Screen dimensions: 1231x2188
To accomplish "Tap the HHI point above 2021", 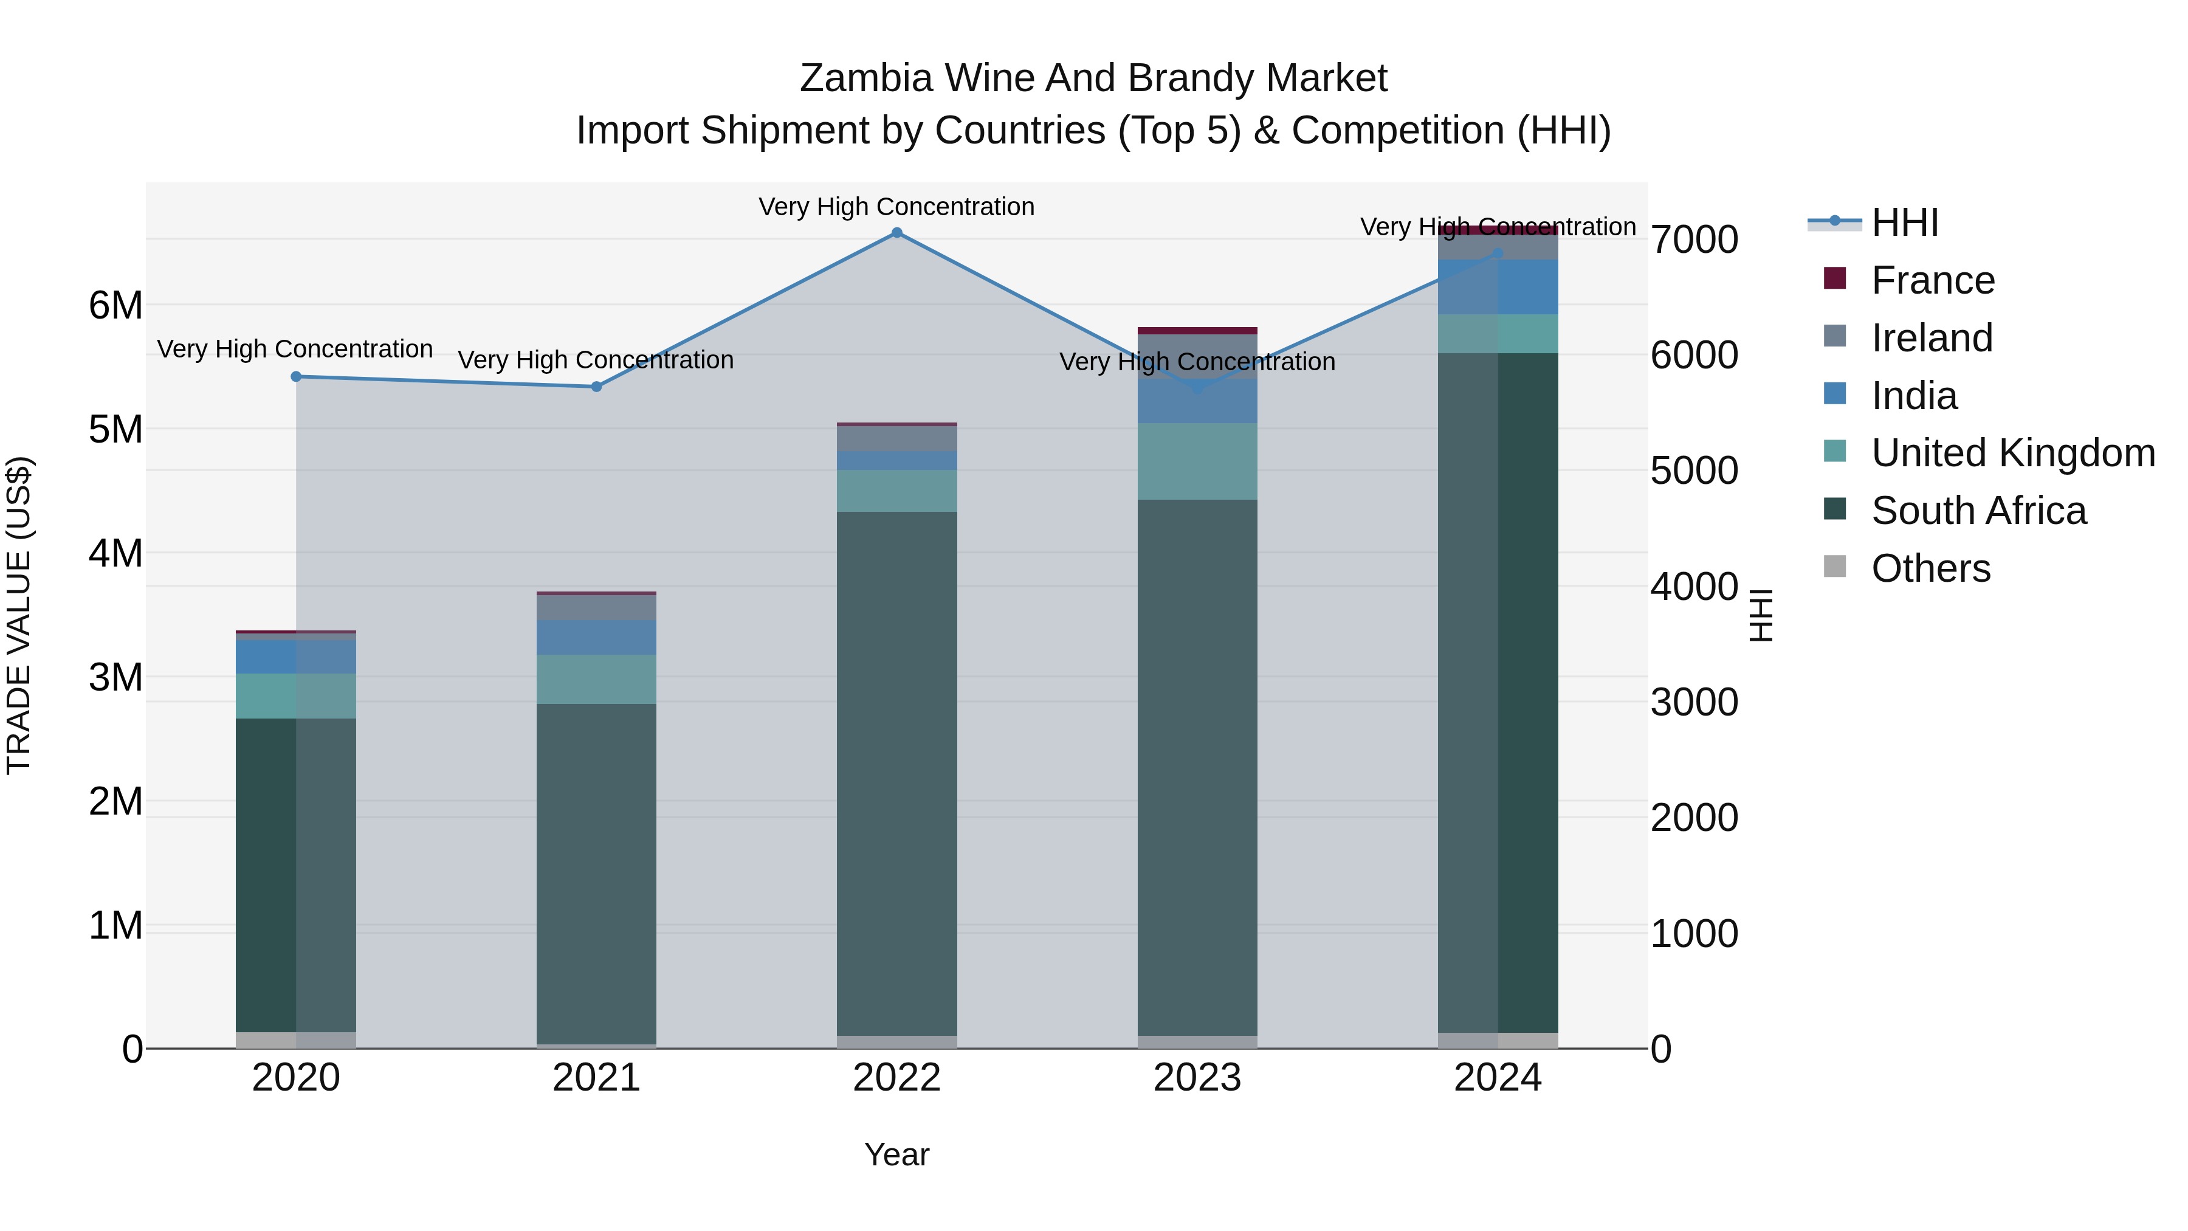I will (596, 387).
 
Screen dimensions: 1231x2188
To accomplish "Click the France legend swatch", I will (1835, 278).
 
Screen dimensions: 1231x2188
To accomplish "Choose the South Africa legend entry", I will (1978, 511).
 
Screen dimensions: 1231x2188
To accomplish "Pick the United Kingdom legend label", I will (2013, 453).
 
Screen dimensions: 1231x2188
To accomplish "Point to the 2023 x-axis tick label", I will (1197, 1078).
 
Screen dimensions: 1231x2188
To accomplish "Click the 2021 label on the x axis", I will (596, 1078).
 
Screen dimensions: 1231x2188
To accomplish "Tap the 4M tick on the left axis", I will (115, 553).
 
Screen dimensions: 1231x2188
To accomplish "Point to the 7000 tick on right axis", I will (1694, 240).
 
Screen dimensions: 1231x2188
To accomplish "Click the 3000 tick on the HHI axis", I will (1694, 703).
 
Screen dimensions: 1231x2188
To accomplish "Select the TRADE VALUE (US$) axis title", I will (19, 615).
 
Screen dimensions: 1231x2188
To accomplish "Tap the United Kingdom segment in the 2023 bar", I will (1197, 461).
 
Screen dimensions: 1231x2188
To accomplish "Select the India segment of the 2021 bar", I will (596, 637).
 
